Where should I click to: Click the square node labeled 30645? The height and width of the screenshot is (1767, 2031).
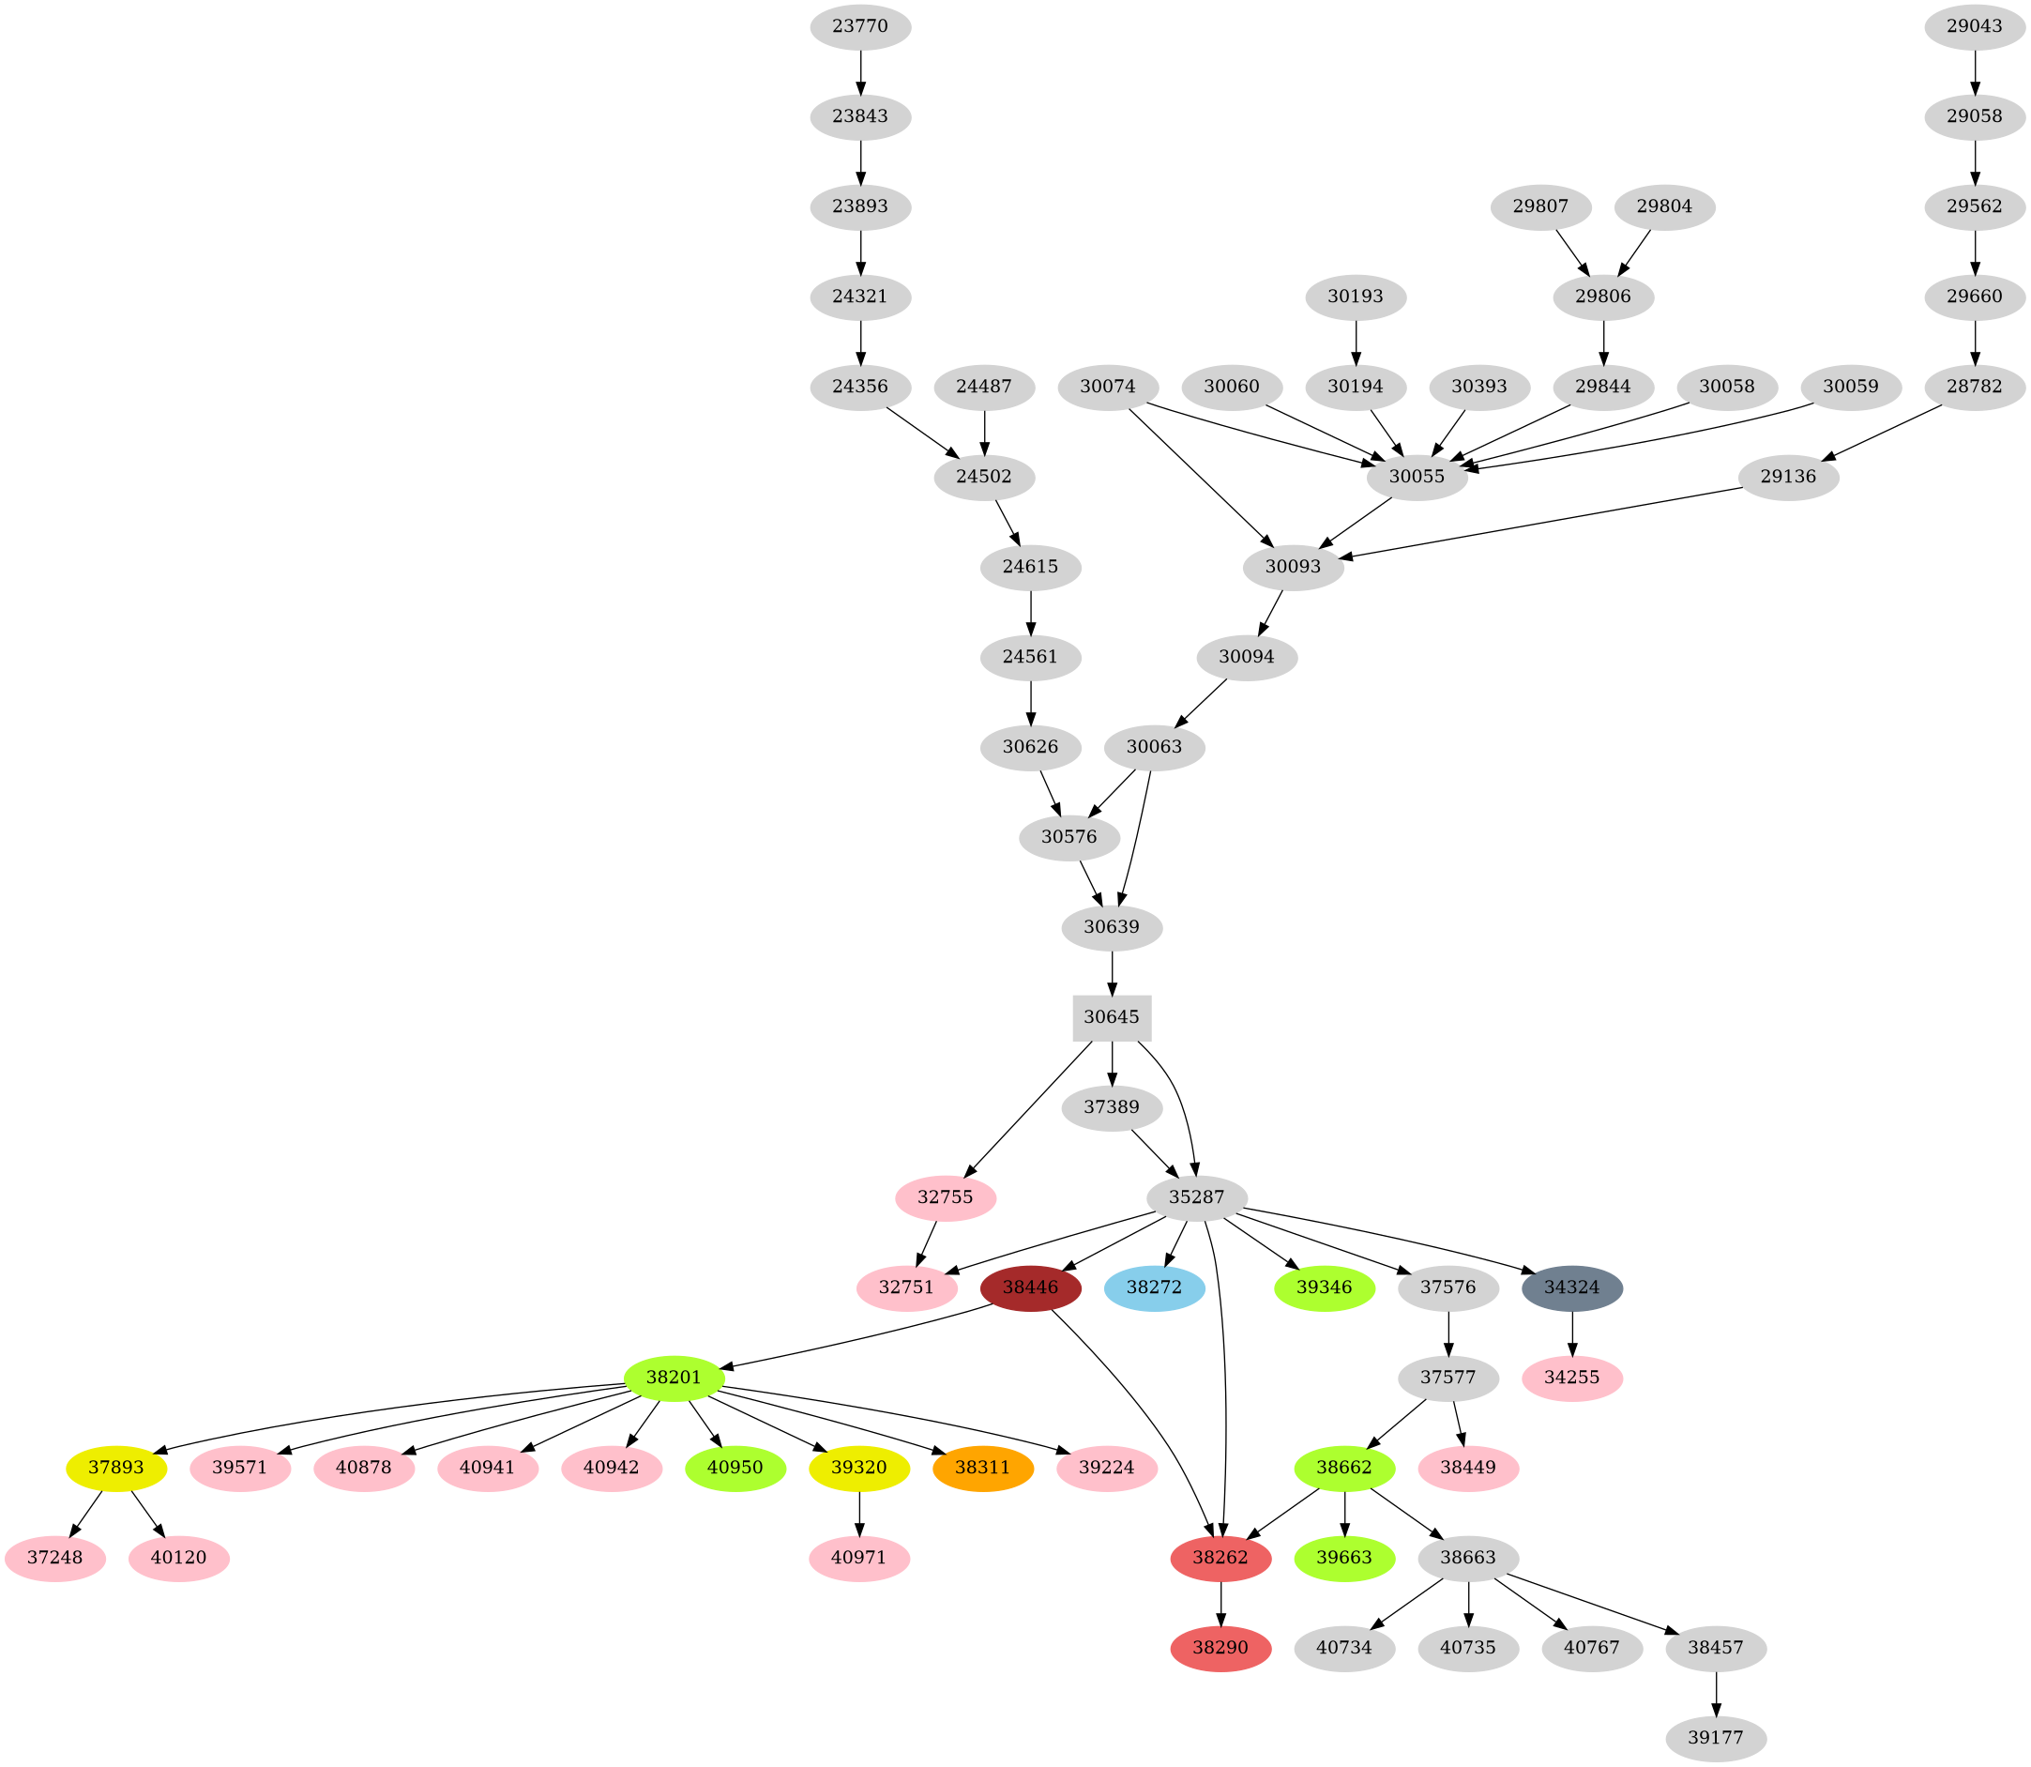click(x=1112, y=1016)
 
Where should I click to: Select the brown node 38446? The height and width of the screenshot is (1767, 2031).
click(x=1031, y=1287)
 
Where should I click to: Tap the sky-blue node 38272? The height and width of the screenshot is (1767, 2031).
click(x=1155, y=1287)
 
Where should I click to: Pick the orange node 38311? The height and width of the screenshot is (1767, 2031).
click(x=983, y=1468)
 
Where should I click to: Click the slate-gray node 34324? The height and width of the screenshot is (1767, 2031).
click(x=1572, y=1287)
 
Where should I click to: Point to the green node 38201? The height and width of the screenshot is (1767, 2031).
click(x=674, y=1377)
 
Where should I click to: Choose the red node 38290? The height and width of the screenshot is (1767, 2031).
click(x=1220, y=1648)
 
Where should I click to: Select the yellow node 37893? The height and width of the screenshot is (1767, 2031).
click(x=116, y=1468)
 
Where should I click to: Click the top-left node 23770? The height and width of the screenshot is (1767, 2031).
click(x=860, y=26)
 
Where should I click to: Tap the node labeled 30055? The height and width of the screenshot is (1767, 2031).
click(x=1417, y=478)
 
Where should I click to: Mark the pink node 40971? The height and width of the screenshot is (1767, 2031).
click(x=859, y=1558)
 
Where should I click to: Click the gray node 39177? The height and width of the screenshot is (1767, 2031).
click(x=1717, y=1737)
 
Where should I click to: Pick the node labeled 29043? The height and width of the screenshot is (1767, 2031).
click(x=1975, y=26)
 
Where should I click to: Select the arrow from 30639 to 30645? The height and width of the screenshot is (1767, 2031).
click(x=1112, y=973)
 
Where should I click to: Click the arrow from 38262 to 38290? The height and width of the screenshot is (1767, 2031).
click(x=1220, y=1604)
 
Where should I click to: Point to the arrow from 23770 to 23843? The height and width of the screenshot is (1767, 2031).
click(x=860, y=71)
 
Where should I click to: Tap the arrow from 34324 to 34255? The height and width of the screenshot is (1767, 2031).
click(x=1572, y=1332)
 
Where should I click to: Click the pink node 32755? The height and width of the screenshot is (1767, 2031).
click(x=946, y=1197)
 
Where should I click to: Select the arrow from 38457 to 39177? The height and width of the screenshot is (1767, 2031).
click(x=1717, y=1693)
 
